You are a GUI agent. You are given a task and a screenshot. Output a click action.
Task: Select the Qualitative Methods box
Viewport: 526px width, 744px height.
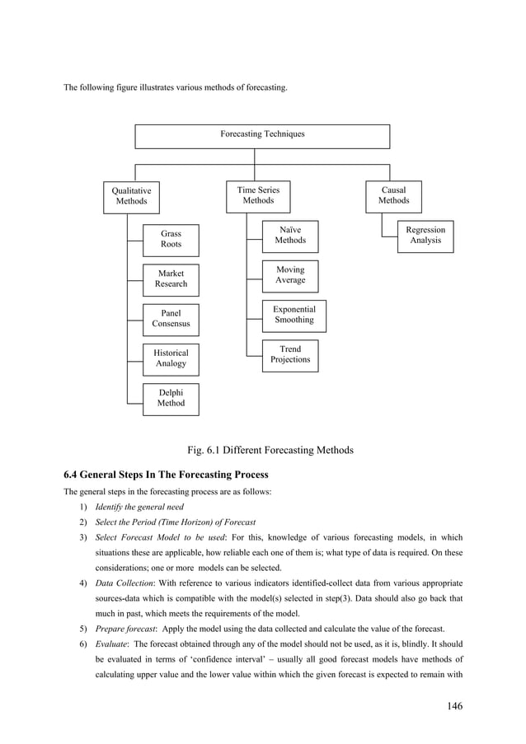[x=131, y=196]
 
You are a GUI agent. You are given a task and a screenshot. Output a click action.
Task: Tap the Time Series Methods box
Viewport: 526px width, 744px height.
[x=258, y=195]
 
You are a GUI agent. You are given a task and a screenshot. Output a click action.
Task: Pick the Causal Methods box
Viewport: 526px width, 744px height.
[x=393, y=195]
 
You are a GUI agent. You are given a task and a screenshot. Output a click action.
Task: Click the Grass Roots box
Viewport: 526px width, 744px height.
[x=171, y=239]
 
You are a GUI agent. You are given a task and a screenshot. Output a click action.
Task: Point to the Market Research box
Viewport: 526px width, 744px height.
[x=171, y=278]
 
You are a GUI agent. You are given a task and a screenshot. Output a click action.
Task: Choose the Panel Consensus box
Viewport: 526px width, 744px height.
[x=171, y=319]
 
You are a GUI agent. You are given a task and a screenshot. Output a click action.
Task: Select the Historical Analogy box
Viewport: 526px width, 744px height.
[x=171, y=358]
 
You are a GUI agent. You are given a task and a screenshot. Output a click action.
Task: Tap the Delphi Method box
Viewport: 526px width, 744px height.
[x=171, y=398]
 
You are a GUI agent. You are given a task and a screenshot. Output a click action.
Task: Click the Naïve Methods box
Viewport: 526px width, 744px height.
[x=290, y=235]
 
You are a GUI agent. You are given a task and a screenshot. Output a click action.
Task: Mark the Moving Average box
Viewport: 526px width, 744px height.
[x=290, y=275]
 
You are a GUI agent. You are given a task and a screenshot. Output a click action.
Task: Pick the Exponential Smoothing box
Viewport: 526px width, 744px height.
[x=294, y=315]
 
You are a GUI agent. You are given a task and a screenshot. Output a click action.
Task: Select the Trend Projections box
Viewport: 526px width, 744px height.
[x=290, y=354]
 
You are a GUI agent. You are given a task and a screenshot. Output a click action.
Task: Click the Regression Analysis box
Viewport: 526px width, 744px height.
[x=425, y=235]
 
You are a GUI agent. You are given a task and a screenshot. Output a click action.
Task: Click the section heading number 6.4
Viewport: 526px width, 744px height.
[x=74, y=475]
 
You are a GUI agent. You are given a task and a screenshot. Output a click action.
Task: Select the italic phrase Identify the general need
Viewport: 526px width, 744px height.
[x=139, y=507]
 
